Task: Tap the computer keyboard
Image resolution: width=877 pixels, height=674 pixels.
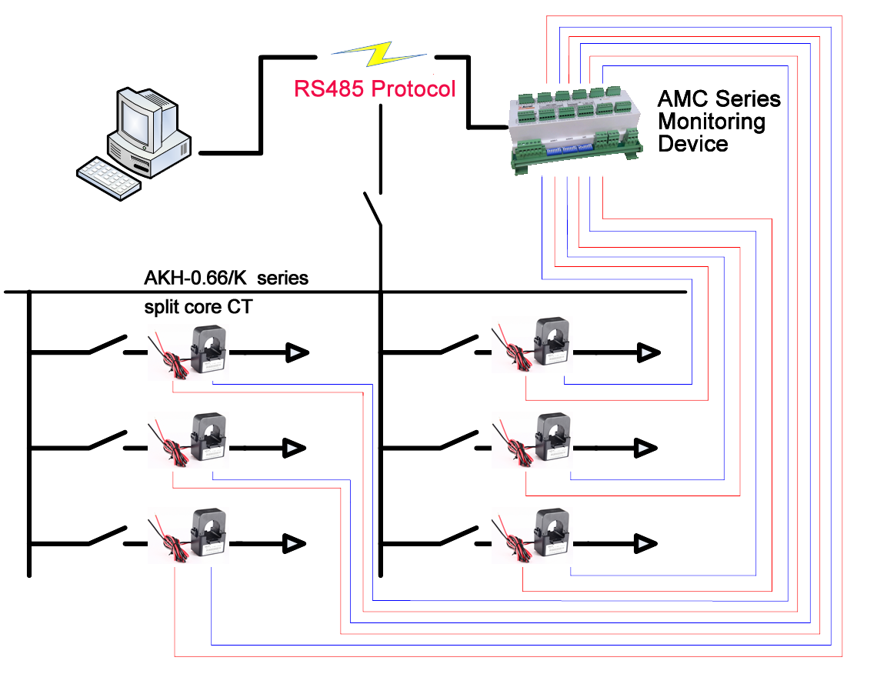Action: pyautogui.click(x=108, y=179)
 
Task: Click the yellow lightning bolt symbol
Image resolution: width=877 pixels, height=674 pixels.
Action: pyautogui.click(x=378, y=55)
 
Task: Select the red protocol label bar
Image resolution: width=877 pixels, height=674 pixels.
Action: pyautogui.click(x=375, y=88)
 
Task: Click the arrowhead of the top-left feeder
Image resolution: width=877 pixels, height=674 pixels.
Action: pyautogui.click(x=297, y=353)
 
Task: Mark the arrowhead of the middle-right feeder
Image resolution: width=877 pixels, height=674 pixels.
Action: pyautogui.click(x=646, y=447)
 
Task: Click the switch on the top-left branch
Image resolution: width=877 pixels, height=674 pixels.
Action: pyautogui.click(x=108, y=345)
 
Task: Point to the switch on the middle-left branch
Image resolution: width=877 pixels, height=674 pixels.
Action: pyautogui.click(x=108, y=440)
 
